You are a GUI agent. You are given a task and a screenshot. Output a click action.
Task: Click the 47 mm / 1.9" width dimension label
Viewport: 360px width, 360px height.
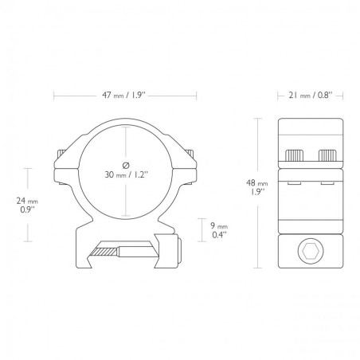pos(124,96)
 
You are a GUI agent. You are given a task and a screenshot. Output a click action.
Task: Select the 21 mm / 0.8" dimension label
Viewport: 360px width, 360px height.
pos(311,96)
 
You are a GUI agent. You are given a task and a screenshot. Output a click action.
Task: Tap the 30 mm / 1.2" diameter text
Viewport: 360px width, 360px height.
pos(126,174)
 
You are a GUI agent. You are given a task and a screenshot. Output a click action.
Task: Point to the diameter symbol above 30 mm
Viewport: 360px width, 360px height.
pos(126,165)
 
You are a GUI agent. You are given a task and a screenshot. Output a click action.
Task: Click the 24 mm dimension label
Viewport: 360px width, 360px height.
pos(27,201)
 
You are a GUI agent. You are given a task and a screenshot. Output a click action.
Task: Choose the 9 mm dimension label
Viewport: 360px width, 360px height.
pos(219,226)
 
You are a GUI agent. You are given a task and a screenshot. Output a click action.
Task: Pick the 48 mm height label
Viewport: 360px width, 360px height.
pos(257,183)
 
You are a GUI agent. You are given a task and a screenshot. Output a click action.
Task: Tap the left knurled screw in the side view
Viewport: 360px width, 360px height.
pos(294,155)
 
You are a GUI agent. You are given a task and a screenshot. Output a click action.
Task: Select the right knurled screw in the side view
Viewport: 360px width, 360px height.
pos(327,155)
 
